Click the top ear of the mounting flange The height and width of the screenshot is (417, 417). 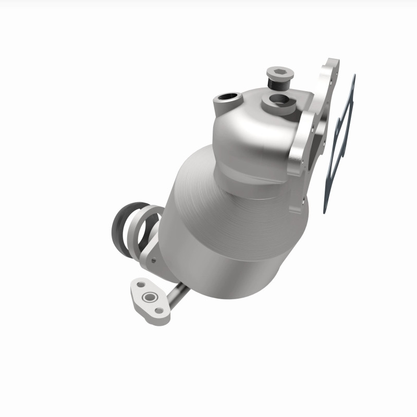pyautogui.click(x=330, y=68)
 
